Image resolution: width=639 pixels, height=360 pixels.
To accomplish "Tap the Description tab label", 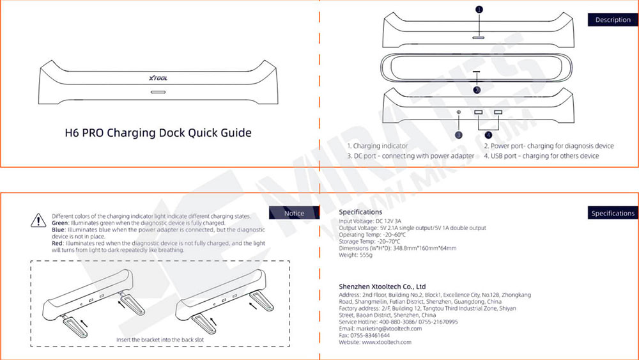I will click(612, 20).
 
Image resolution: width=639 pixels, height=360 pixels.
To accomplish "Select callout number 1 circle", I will click(479, 10).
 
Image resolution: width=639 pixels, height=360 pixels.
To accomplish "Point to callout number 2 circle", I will click(477, 91).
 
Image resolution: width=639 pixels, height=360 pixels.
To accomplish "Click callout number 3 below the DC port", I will click(458, 135).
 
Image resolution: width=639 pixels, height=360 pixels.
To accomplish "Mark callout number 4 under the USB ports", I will click(488, 135).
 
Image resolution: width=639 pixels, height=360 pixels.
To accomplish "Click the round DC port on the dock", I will click(459, 113).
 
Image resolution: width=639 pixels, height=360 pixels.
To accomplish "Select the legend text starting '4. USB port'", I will click(541, 156).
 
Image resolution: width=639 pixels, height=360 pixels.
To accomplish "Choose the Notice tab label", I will click(294, 213).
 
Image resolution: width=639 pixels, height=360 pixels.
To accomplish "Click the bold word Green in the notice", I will click(60, 223).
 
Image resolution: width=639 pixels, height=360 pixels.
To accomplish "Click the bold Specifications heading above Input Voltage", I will click(360, 212).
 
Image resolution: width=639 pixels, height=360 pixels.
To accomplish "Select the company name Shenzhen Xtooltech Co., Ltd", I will click(382, 286).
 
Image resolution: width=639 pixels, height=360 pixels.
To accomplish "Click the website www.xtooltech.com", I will click(387, 343).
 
